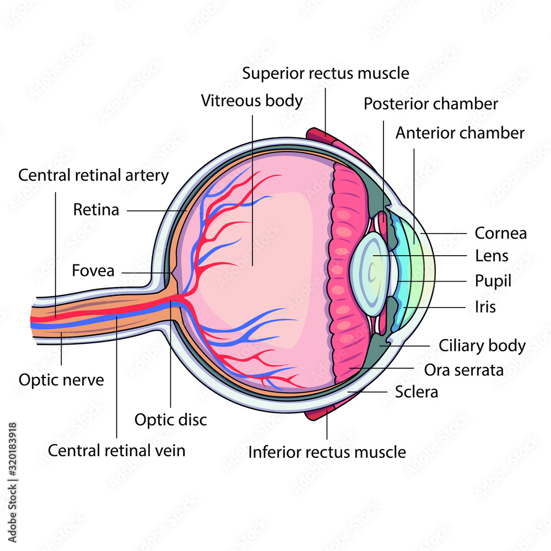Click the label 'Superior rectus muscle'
pos(326,73)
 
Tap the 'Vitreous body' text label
pos(252,101)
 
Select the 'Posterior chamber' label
pos(431,104)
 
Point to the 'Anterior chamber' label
pos(460,133)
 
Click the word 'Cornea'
pos(500,233)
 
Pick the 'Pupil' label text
pos(493,281)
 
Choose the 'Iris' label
pos(485,306)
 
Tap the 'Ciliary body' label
pos(482,346)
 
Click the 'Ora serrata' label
pos(463,370)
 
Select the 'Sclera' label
pos(417,392)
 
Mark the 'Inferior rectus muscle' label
pos(327,452)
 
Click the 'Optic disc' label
pos(171,420)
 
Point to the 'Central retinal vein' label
pos(117,450)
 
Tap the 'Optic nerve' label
pos(61,380)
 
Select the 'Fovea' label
pos(93,271)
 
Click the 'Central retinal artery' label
pos(94,175)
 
